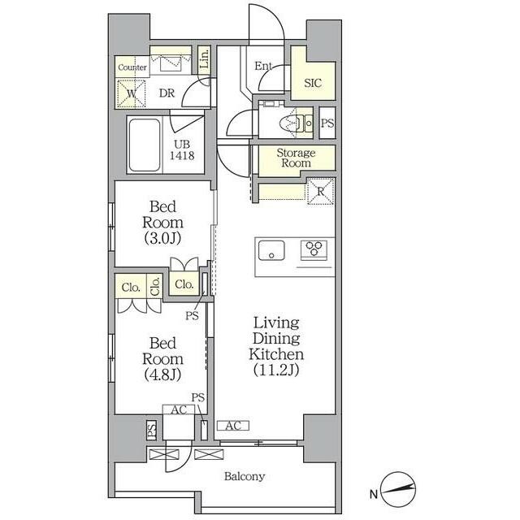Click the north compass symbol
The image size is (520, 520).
(x=397, y=489)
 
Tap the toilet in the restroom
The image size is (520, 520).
(x=292, y=123)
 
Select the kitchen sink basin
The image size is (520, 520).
(x=271, y=251)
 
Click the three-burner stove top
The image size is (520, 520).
(x=314, y=249)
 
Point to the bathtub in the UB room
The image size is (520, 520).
(x=145, y=145)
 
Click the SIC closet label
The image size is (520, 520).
(x=313, y=83)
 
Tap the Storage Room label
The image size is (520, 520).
(x=296, y=158)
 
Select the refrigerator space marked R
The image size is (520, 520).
(x=321, y=192)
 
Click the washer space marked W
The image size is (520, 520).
(x=132, y=93)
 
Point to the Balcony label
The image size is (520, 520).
(x=245, y=476)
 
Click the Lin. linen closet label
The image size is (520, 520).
(x=205, y=58)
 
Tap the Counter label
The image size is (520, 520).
(x=132, y=67)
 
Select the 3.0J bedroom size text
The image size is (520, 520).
(x=162, y=238)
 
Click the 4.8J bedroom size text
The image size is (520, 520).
(x=162, y=375)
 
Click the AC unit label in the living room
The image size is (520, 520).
(x=233, y=426)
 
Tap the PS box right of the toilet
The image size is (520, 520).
(x=327, y=123)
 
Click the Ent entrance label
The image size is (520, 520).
(x=263, y=66)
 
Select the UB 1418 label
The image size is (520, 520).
(x=182, y=149)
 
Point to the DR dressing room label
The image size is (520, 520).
(x=167, y=93)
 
